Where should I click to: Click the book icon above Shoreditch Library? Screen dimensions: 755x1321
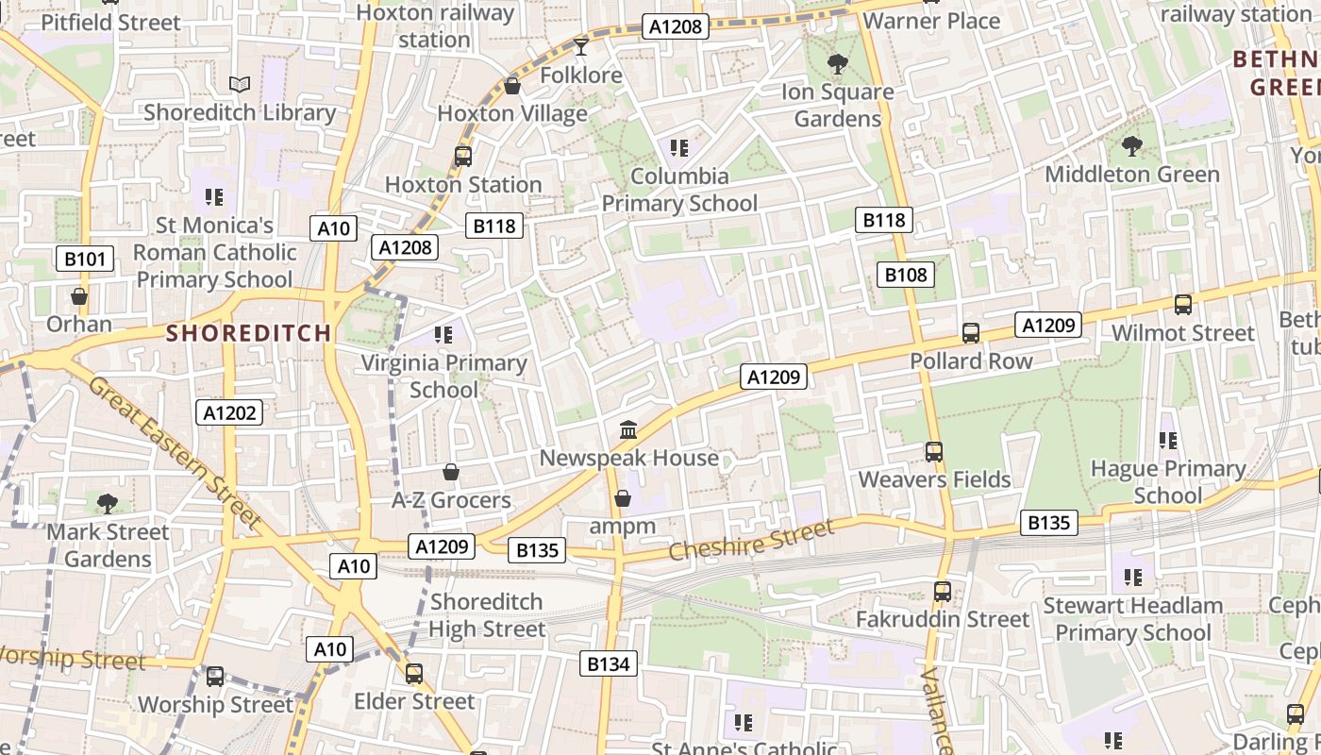pyautogui.click(x=240, y=85)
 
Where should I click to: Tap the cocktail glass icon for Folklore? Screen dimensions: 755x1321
pyautogui.click(x=580, y=46)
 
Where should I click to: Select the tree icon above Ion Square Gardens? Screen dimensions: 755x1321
pyautogui.click(x=837, y=64)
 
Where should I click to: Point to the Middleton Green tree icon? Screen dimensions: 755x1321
pyautogui.click(x=1131, y=146)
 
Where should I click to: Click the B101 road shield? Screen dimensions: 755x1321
pyautogui.click(x=85, y=259)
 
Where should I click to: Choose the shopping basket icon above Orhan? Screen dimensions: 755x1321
pyautogui.click(x=79, y=296)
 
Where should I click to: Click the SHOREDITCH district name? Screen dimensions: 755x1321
pyautogui.click(x=249, y=333)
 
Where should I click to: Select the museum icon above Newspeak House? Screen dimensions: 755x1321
pyautogui.click(x=628, y=430)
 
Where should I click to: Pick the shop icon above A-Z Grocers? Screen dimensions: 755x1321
pyautogui.click(x=451, y=472)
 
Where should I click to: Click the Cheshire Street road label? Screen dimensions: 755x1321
pyautogui.click(x=751, y=540)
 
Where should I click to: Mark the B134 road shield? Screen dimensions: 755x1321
pyautogui.click(x=608, y=663)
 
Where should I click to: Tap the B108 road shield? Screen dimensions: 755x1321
pyautogui.click(x=906, y=275)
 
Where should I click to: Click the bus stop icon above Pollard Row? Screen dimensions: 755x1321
pyautogui.click(x=971, y=333)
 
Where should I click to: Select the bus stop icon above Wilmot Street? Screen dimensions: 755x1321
pyautogui.click(x=1183, y=305)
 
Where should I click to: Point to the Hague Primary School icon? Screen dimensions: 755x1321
pyautogui.click(x=1168, y=441)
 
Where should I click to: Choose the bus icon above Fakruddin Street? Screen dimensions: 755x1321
pyautogui.click(x=942, y=592)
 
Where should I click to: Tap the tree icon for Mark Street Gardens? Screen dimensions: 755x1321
pyautogui.click(x=108, y=503)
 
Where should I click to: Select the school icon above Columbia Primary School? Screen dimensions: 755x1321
pyautogui.click(x=678, y=148)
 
